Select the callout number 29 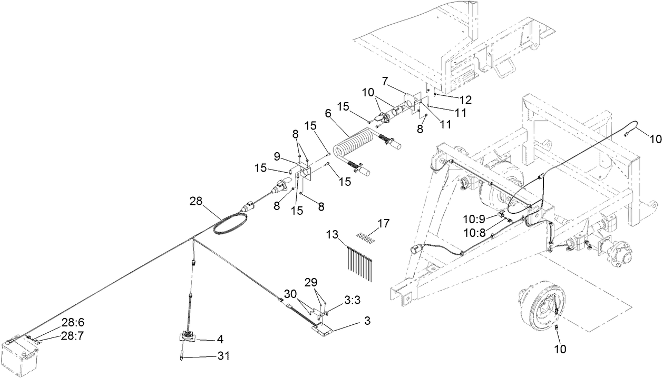click(x=311, y=283)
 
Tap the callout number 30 click(x=290, y=294)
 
